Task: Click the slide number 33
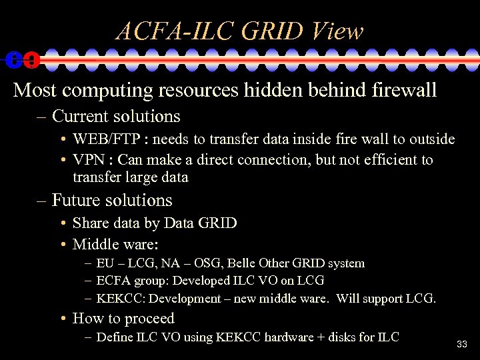click(x=462, y=345)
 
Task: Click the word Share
click(x=91, y=223)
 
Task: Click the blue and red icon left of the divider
click(x=22, y=60)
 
